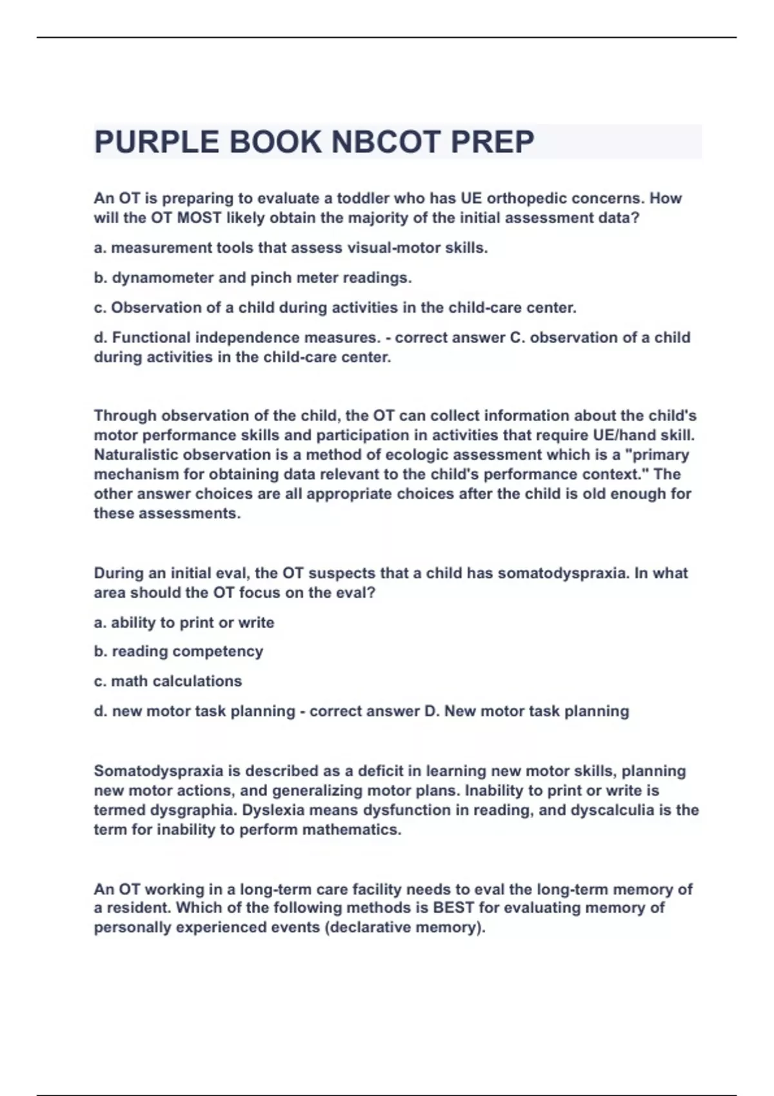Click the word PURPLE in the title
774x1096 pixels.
[x=153, y=142]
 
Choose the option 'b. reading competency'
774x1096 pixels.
[x=178, y=651]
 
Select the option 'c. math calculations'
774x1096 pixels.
[x=168, y=681]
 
